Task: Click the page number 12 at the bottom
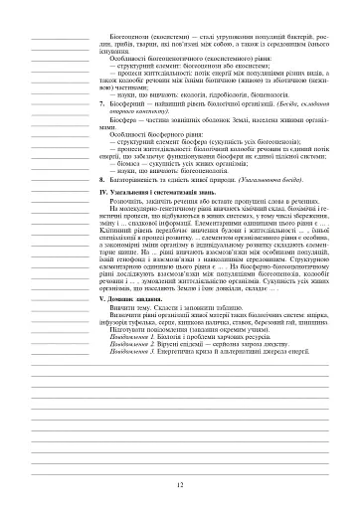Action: (x=180, y=485)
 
